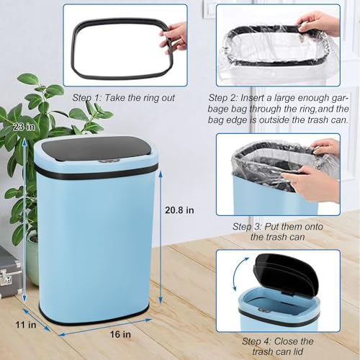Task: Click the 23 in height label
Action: [24, 127]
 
